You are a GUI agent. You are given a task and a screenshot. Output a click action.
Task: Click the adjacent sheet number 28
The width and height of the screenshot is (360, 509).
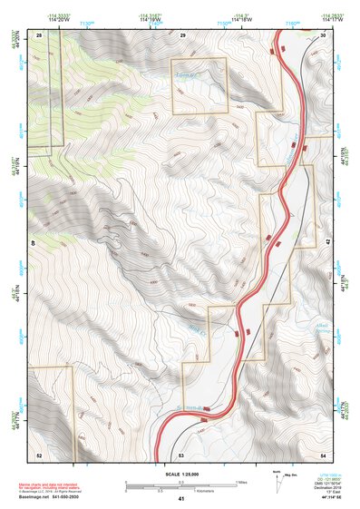coord(39,34)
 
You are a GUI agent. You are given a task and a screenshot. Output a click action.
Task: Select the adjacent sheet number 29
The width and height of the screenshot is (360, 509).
coord(182,34)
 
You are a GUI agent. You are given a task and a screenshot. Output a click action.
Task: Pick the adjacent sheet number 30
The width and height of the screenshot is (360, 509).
coord(324,34)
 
